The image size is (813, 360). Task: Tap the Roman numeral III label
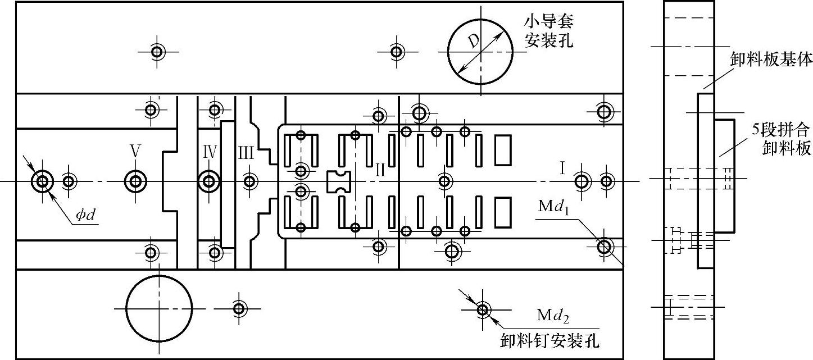pos(246,152)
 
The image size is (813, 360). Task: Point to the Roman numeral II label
pos(380,167)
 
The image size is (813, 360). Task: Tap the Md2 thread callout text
pos(553,317)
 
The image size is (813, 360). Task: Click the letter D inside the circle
pos(474,41)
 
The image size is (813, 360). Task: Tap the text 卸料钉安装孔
pos(549,340)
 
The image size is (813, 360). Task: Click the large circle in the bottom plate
pos(159,308)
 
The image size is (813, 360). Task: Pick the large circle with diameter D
pos(480,52)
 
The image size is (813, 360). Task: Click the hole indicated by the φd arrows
pos(42,181)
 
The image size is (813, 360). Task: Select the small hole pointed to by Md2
pos(482,309)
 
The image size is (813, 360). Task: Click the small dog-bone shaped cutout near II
pos(338,182)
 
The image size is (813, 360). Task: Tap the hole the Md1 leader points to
pos(605,246)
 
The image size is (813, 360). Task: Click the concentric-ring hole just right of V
pos(135,181)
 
